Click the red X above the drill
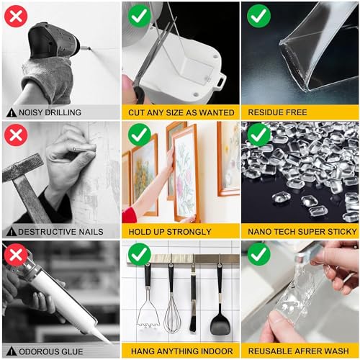tap(15, 15)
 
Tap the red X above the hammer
tap(15, 135)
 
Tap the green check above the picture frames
tap(139, 135)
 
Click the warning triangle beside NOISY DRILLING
tap(11, 113)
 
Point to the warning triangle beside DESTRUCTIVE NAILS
tap(11, 232)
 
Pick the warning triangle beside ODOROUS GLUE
tap(11, 351)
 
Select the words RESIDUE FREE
tap(278, 113)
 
